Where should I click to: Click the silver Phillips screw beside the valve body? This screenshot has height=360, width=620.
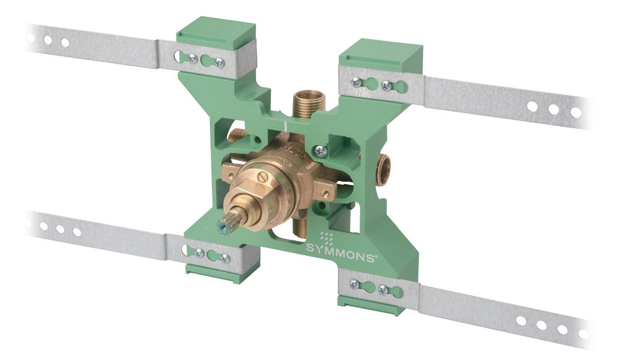[x=321, y=149]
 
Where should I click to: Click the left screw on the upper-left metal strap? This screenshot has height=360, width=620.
[x=193, y=58]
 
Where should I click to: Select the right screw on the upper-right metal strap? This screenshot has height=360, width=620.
[x=386, y=86]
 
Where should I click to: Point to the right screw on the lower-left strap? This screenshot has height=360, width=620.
[x=225, y=257]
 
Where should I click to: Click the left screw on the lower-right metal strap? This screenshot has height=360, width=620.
[x=354, y=284]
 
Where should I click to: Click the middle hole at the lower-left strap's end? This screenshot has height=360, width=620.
[x=60, y=229]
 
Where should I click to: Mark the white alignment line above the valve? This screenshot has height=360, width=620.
[x=285, y=126]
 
